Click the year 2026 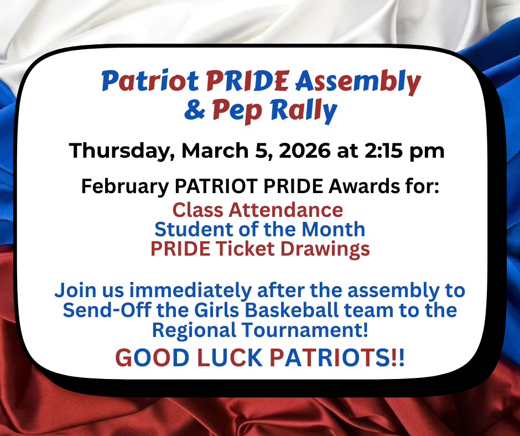pyautogui.click(x=304, y=151)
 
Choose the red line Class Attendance pyautogui.click(x=257, y=210)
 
